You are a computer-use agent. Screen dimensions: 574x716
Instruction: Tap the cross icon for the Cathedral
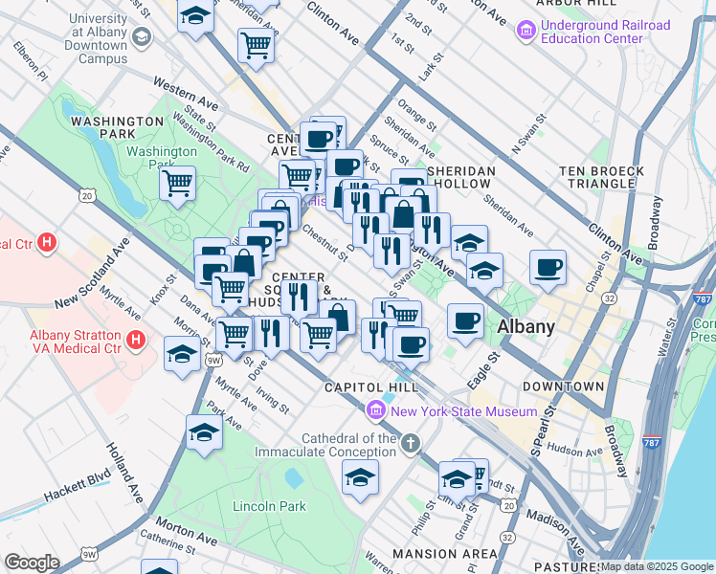(411, 442)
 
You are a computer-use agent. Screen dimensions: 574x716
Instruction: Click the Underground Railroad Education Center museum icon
(526, 32)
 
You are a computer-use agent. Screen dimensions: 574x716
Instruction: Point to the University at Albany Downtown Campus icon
(142, 37)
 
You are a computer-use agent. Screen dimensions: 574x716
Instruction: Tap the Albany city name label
(526, 327)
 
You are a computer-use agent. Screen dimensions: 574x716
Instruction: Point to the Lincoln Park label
(270, 505)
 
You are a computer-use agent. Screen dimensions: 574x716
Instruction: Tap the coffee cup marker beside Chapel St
(548, 267)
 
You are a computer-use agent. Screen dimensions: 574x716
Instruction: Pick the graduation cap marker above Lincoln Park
(360, 476)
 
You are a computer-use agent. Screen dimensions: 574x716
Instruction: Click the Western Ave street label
(185, 98)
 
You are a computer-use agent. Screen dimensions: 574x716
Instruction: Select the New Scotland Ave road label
(92, 275)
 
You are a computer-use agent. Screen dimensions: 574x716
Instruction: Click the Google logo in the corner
(32, 563)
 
